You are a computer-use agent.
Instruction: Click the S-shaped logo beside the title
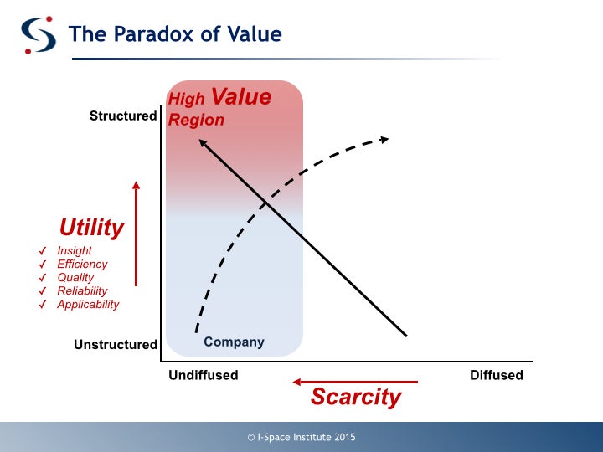coord(38,35)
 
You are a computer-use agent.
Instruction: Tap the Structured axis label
coord(123,116)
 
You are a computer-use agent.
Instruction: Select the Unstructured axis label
coord(116,344)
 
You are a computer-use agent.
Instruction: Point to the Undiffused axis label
coord(204,375)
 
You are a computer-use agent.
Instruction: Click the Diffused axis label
coord(497,375)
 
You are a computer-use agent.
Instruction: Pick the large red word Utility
coord(91,228)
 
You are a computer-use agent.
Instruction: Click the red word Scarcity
coord(356,397)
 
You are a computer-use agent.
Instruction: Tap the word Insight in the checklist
coord(75,250)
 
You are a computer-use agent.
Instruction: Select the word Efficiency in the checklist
coord(82,264)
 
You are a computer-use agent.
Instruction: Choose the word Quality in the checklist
coord(75,278)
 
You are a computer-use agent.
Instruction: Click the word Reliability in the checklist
coord(82,291)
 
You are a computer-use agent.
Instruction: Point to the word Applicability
coord(88,305)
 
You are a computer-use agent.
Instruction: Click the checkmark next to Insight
coord(43,251)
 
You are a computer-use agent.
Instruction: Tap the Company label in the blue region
coord(234,342)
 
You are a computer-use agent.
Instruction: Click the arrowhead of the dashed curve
coord(384,140)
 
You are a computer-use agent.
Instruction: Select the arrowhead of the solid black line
coord(203,143)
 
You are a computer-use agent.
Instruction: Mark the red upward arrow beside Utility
coord(136,234)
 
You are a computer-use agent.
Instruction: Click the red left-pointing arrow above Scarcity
coord(355,382)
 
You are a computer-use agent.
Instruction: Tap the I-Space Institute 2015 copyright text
coord(301,437)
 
